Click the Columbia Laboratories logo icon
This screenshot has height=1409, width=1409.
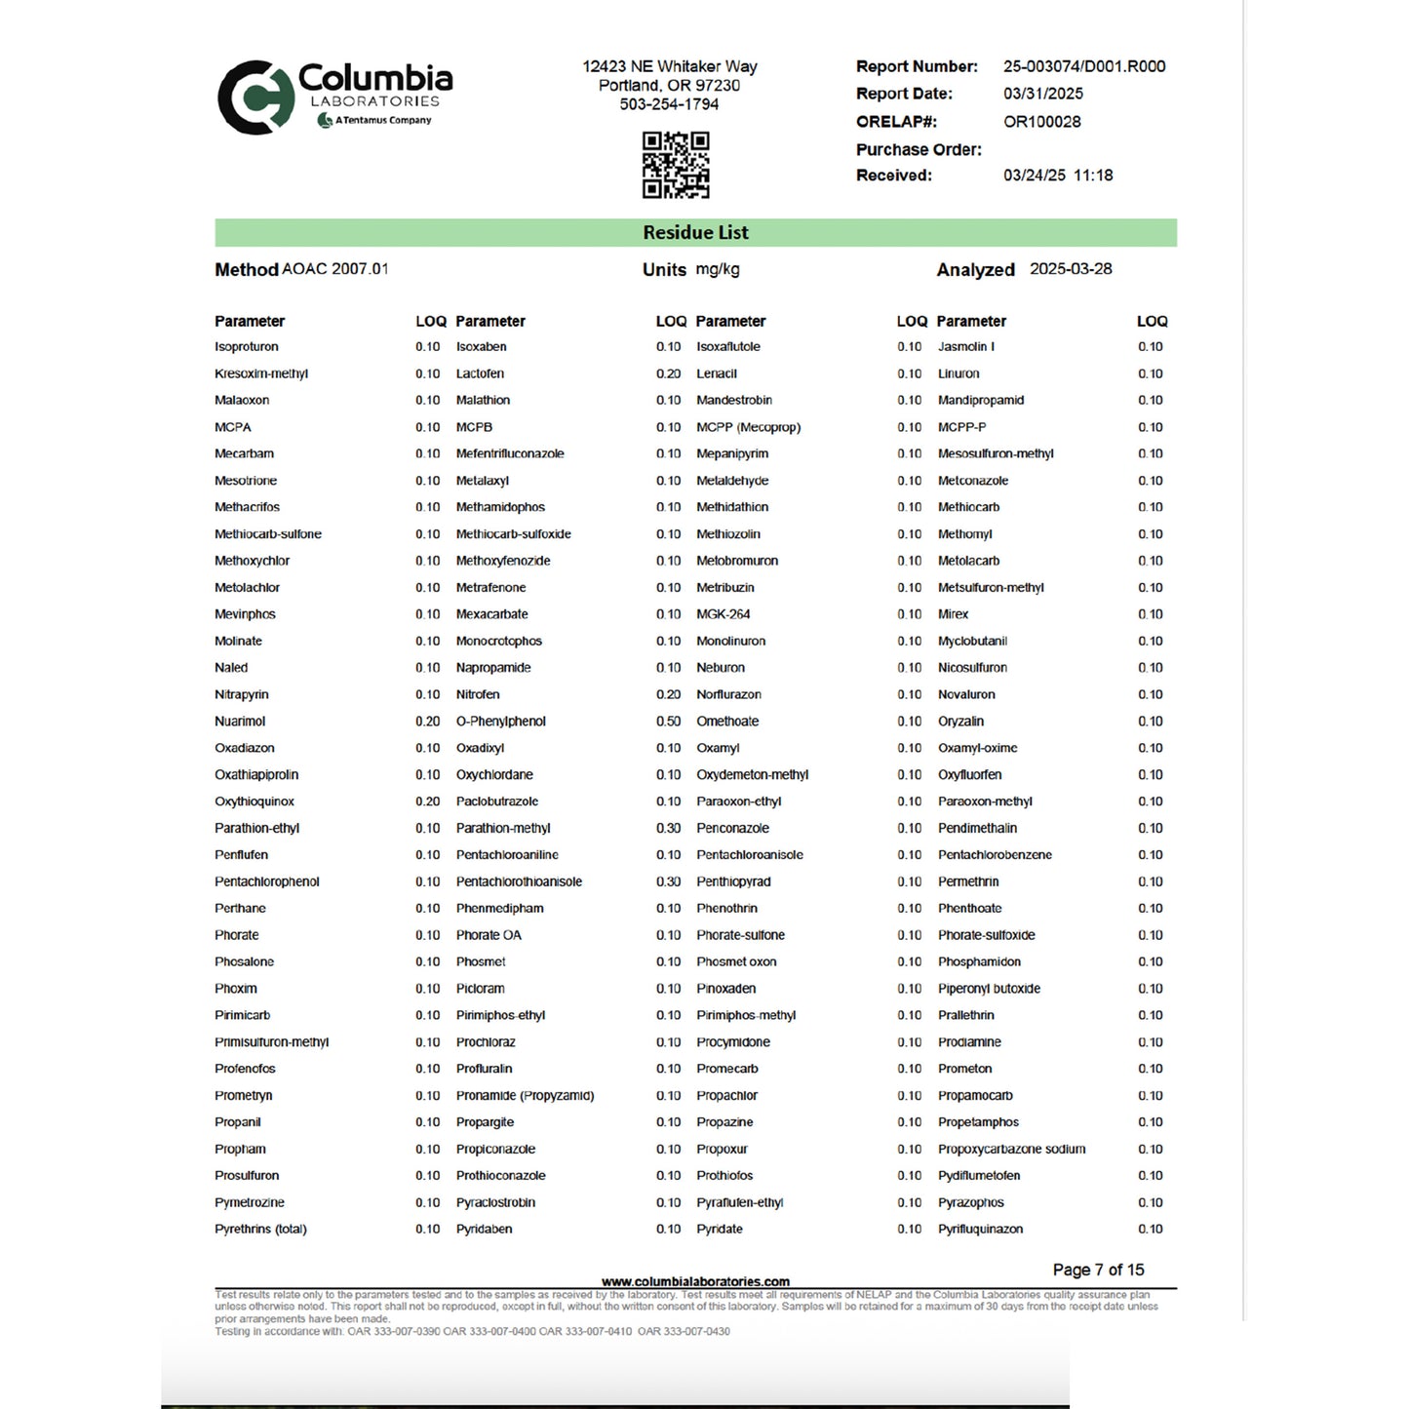(255, 98)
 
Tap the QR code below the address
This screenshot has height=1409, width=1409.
(675, 165)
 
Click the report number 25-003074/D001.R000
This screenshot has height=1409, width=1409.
(1083, 66)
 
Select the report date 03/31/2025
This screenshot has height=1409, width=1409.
(1042, 94)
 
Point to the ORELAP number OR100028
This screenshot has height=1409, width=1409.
(1041, 122)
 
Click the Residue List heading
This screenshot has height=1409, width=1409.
(695, 233)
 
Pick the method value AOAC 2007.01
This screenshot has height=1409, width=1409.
(334, 269)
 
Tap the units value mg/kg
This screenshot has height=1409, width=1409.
(718, 269)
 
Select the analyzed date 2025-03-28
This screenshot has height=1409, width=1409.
(1071, 269)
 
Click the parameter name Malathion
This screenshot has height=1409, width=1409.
(483, 400)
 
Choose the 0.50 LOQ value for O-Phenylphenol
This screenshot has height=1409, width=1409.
(668, 722)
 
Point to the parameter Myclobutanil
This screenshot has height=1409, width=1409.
(972, 641)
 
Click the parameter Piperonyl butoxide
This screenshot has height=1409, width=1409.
(989, 989)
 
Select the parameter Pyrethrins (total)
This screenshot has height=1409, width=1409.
(260, 1229)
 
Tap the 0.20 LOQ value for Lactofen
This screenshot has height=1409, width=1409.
(668, 373)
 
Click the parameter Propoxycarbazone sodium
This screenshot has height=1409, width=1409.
(1011, 1149)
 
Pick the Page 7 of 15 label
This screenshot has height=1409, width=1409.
(1098, 1270)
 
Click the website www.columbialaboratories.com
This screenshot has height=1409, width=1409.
(695, 1281)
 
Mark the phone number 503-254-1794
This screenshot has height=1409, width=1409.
(669, 104)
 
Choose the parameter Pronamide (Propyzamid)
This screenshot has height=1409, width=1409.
(525, 1095)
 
